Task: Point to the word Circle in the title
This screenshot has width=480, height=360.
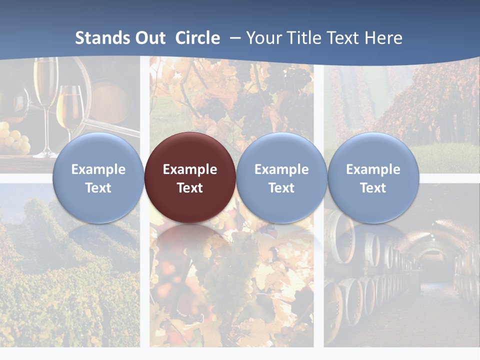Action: pyautogui.click(x=197, y=38)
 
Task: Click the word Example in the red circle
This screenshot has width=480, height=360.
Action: pyautogui.click(x=190, y=169)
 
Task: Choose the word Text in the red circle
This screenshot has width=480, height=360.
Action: pyautogui.click(x=190, y=188)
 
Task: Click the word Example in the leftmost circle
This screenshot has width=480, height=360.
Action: pyautogui.click(x=98, y=169)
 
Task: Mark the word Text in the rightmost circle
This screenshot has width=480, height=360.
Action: pyautogui.click(x=373, y=188)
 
